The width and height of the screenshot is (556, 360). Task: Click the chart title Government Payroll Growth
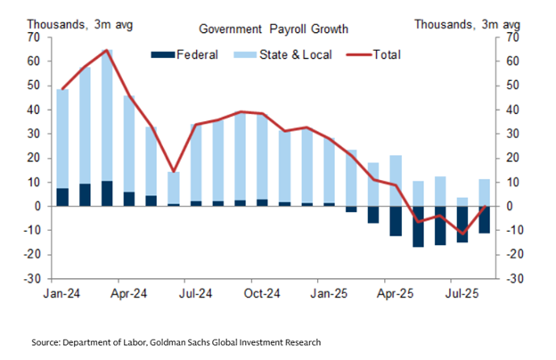coord(274,29)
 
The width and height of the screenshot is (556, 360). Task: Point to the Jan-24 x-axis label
coord(63,291)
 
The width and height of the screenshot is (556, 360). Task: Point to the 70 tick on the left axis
coord(34,37)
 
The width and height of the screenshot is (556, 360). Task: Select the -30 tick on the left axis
coord(32,278)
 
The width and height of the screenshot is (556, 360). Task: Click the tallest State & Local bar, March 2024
coord(107,116)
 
